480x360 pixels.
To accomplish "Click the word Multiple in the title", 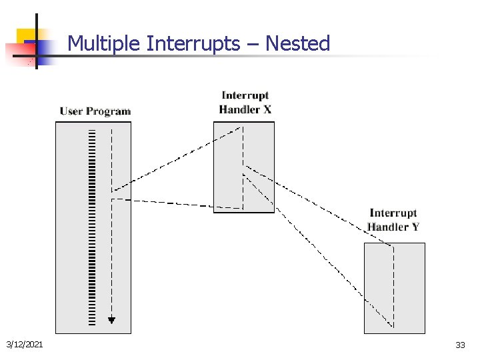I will tap(105, 44).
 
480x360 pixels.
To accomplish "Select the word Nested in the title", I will tap(297, 44).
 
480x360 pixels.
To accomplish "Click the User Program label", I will tap(95, 111).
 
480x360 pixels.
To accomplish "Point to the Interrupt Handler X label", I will tap(245, 103).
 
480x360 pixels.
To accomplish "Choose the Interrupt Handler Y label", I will tap(393, 220).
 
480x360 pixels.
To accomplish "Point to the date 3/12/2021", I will tap(25, 344).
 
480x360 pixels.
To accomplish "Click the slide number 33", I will tap(460, 345).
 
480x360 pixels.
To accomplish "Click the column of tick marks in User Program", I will tap(91, 227).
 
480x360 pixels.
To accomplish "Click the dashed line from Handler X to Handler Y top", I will tap(320, 207).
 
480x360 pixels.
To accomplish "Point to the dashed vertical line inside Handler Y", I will tap(393, 287).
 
